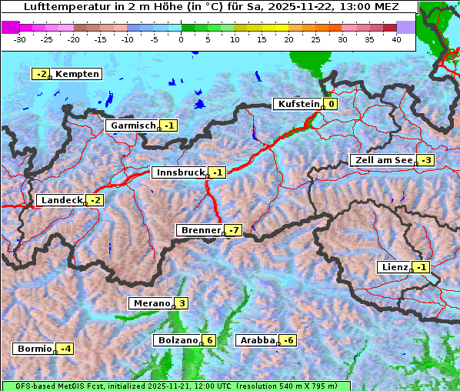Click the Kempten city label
point(77,74)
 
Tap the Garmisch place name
point(133,125)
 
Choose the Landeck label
point(61,200)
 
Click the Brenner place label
point(200,230)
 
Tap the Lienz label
point(394,267)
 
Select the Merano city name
point(151,303)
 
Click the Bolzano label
point(178,340)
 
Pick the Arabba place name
point(257,340)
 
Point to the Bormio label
point(34,349)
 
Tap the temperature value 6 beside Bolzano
point(209,340)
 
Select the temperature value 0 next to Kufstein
point(331,104)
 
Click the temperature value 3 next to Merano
point(182,303)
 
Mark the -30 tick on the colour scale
point(20,38)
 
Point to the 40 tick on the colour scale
point(396,38)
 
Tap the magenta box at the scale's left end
point(10,27)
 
